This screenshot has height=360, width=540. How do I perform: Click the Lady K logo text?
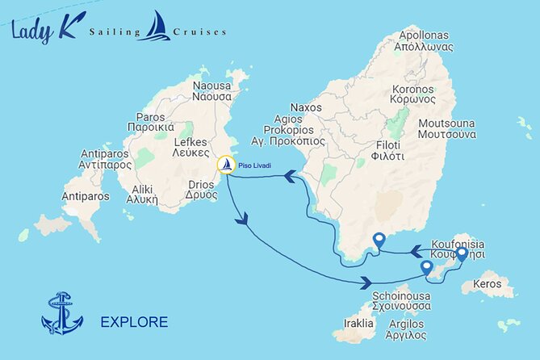tap(44, 31)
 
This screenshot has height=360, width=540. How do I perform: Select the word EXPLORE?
tap(134, 323)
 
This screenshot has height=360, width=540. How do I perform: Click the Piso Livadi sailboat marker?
tap(227, 165)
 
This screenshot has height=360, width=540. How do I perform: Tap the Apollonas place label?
tap(424, 42)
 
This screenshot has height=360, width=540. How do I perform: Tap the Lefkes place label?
tap(192, 147)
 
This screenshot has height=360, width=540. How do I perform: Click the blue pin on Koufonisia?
tap(461, 255)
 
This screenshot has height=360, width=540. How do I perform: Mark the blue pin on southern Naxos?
tap(379, 240)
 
